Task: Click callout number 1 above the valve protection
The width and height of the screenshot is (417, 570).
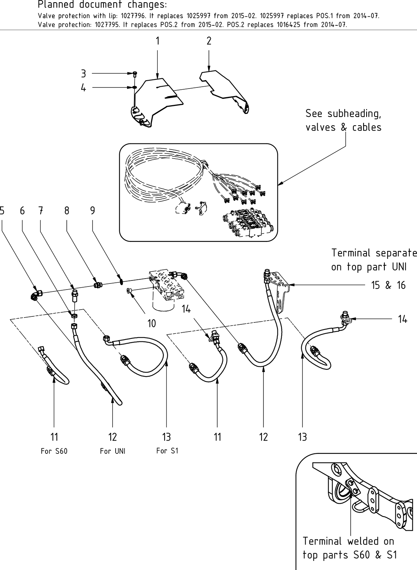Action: coord(157,41)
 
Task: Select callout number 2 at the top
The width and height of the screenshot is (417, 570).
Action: coord(209,41)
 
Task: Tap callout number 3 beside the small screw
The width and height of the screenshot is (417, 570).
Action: coord(83,73)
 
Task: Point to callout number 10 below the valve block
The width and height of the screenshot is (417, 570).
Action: coord(152,323)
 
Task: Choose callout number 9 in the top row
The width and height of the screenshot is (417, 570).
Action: coord(92,210)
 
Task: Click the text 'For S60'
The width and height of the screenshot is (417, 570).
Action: coord(54,451)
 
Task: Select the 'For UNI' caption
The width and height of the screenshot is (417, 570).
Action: coord(113,451)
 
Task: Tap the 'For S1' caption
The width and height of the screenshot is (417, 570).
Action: coord(167,450)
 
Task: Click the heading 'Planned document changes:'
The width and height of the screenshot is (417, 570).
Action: coord(102,5)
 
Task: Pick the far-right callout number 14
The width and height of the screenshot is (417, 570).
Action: coord(402,319)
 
